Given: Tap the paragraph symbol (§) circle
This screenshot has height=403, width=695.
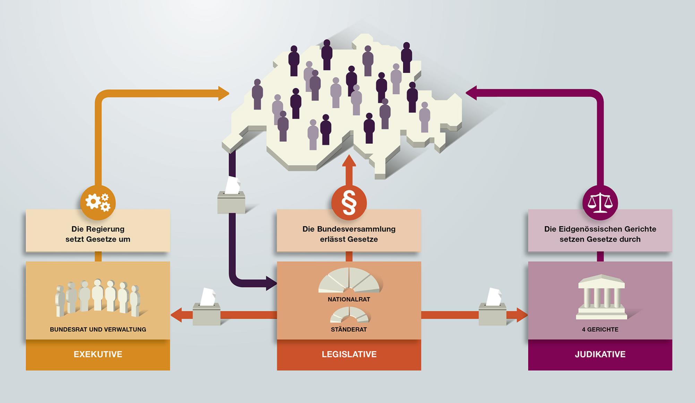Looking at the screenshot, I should [349, 203].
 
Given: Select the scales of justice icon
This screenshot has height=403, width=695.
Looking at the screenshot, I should [600, 203].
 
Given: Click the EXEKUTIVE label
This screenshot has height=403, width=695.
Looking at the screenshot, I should [98, 354].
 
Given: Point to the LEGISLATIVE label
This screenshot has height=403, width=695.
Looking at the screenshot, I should [349, 354].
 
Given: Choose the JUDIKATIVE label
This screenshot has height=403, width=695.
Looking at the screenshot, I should [600, 354].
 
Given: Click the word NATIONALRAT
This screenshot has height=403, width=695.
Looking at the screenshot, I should [349, 299].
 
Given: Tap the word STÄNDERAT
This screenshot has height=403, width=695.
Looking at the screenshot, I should [349, 329].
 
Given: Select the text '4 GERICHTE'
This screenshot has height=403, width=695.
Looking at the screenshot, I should [600, 329].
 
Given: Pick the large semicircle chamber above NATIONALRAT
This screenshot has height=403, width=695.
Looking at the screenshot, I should [349, 280].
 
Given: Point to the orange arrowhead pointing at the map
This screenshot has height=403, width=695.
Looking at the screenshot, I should [223, 93].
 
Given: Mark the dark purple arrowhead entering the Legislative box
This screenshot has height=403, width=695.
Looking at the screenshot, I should [271, 283].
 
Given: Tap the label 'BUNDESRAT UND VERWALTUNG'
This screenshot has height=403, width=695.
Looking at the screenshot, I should [98, 329].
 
